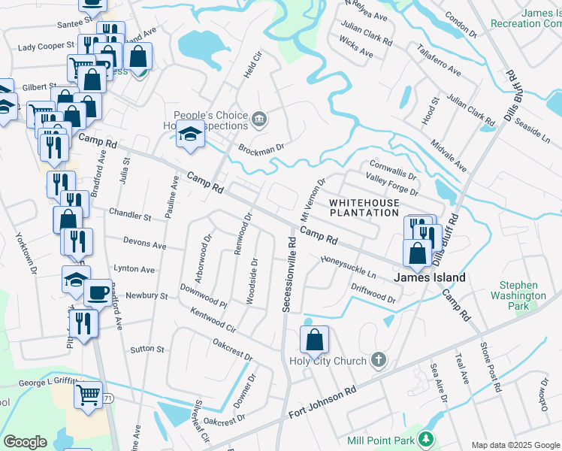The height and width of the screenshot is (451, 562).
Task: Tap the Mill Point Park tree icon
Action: pyautogui.click(x=426, y=438)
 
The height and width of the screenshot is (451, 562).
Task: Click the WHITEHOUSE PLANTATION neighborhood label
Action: pyautogui.click(x=364, y=208)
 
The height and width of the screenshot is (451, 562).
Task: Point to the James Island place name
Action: pyautogui.click(x=430, y=277)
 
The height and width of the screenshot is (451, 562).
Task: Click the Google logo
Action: pyautogui.click(x=25, y=442)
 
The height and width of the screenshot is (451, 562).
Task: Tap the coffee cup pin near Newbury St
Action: pyautogui.click(x=96, y=292)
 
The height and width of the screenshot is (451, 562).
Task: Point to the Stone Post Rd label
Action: pyautogui.click(x=489, y=367)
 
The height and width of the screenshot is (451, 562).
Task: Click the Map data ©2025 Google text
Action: pyautogui.click(x=515, y=445)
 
